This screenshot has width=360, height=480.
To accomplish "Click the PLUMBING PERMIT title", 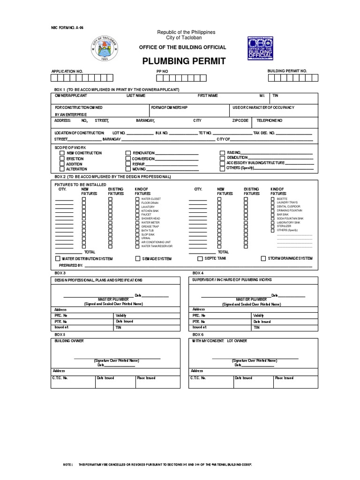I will [x=180, y=61].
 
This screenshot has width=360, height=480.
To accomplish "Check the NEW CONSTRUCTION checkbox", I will [x=62, y=153].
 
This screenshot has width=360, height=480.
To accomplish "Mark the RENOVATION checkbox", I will [x=128, y=153].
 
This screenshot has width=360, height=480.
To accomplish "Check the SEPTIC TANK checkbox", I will [x=200, y=259].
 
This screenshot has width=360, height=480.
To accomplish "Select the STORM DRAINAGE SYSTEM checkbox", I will [x=263, y=258].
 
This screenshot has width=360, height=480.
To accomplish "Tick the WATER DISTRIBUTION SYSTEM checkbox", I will [x=58, y=258].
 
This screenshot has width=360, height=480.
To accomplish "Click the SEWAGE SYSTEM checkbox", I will [x=138, y=259].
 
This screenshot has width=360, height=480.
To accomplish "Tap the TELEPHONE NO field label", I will [x=270, y=120].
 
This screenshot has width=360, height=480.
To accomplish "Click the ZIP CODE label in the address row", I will [x=240, y=120].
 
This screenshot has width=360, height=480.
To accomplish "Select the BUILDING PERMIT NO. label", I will [x=287, y=71].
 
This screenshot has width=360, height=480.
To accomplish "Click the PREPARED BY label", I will [x=71, y=265].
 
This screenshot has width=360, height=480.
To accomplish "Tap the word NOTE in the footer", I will [x=68, y=464].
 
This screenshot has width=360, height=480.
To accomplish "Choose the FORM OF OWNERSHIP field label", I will [x=169, y=108].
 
